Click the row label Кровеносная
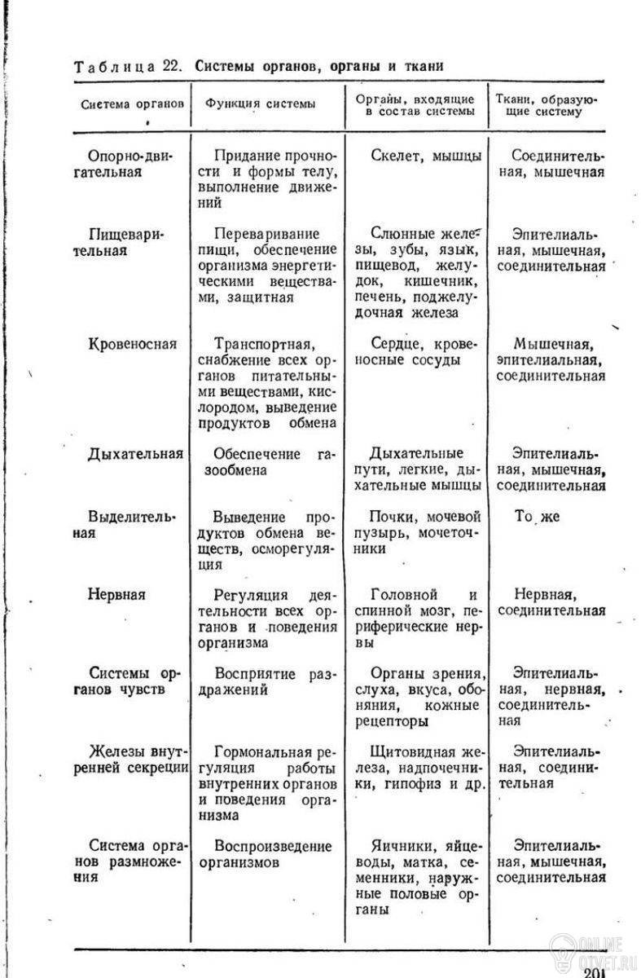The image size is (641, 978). coord(132,344)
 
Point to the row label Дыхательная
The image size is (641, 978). coord(135,454)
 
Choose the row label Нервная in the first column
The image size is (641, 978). coord(116,594)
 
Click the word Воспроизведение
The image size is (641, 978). coord(273,846)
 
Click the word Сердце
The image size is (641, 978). coord(393,344)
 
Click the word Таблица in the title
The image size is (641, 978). coord(114,66)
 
